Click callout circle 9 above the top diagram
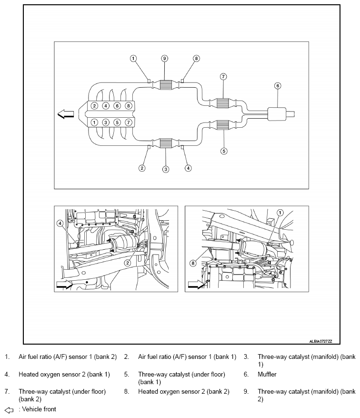(x=164, y=58)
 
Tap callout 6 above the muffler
(x=278, y=86)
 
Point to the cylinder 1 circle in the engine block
(x=95, y=122)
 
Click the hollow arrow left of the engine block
(x=65, y=114)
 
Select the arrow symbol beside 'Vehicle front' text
(x=9, y=409)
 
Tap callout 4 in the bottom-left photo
(x=60, y=223)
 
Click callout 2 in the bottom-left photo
(x=127, y=263)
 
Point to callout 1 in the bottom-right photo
(x=280, y=213)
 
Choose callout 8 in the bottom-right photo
(x=193, y=263)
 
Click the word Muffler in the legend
(x=267, y=374)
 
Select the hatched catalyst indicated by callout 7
(x=223, y=103)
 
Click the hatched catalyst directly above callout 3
(x=166, y=143)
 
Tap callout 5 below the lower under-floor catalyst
(x=224, y=151)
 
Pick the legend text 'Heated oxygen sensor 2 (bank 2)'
(x=183, y=391)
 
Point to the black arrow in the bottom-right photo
(x=196, y=285)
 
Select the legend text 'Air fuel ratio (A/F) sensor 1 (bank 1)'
(x=187, y=357)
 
